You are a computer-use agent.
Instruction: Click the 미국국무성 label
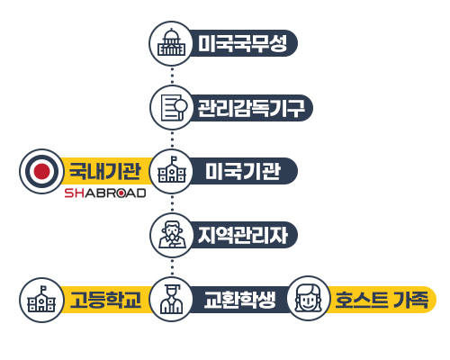coord(242,43)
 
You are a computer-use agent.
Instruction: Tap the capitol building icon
coord(171,42)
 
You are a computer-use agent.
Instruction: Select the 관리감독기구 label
coord(251,108)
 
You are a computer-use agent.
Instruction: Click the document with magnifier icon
coord(174,108)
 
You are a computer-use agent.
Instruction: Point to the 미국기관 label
coord(243,171)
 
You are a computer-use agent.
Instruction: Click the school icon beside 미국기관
coord(172,169)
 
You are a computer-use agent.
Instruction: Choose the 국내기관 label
coord(104,171)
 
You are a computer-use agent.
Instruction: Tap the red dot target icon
coord(41,171)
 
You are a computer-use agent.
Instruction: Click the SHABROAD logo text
coord(105,193)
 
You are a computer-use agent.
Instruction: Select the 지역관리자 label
coord(243,235)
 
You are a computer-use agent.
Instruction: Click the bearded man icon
coord(172,235)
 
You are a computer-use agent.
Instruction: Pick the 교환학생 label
coord(239,300)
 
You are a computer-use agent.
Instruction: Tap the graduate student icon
coord(172,299)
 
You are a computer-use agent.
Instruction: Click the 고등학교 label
coord(105,300)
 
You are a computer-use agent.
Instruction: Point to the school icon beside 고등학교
coord(41,299)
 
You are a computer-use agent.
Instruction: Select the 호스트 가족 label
coord(382,300)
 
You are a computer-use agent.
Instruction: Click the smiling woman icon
coord(308,299)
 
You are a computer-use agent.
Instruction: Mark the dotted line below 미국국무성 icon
coord(172,76)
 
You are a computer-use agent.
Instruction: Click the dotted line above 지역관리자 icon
coord(172,204)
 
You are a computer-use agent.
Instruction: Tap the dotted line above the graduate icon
coord(172,267)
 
